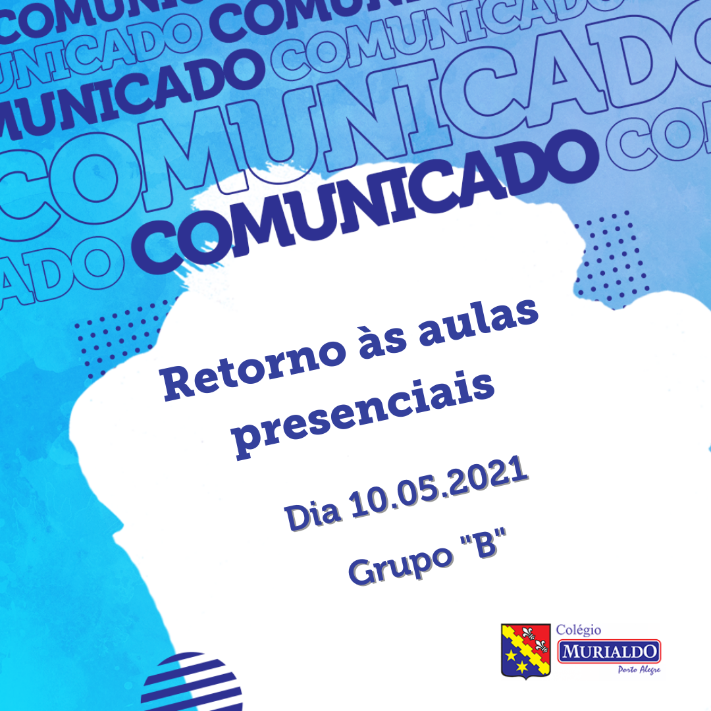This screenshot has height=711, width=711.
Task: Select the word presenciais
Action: pyautogui.click(x=363, y=415)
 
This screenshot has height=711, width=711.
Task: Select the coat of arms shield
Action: pyautogui.click(x=525, y=650)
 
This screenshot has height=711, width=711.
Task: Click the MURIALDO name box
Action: pyautogui.click(x=609, y=652)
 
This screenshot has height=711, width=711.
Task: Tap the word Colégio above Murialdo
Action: pyautogui.click(x=579, y=630)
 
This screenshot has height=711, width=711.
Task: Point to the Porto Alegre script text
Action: pyautogui.click(x=639, y=670)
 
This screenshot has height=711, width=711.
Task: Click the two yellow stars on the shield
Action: pyautogui.click(x=516, y=660)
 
